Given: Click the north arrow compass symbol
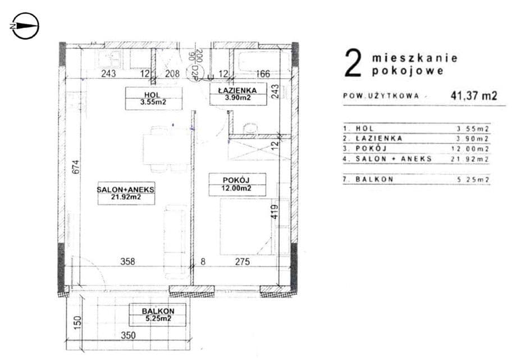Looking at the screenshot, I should click(x=25, y=26).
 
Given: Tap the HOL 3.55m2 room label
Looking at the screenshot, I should click(x=146, y=98).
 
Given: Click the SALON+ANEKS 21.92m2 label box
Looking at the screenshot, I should click(x=126, y=194).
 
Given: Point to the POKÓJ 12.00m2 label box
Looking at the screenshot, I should click(x=237, y=184).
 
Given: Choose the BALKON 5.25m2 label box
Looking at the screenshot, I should click(x=158, y=315).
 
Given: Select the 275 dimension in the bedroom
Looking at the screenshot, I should click(x=242, y=261).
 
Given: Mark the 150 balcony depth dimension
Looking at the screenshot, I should click(x=78, y=322).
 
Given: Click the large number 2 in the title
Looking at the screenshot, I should click(x=352, y=64).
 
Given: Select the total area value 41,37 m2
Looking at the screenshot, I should click(x=473, y=95).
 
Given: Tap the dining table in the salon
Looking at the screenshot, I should click(x=164, y=149).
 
